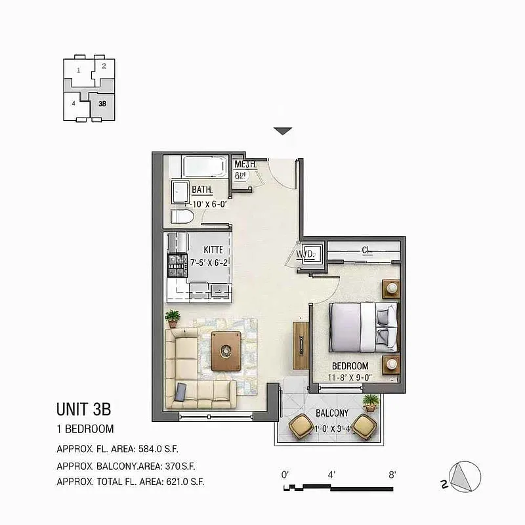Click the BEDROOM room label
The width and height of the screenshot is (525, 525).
click(350, 366)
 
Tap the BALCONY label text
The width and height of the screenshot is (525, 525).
click(331, 413)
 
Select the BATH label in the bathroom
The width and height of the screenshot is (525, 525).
click(202, 190)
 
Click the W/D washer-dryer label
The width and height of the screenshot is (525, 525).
click(304, 253)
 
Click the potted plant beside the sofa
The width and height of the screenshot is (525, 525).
click(173, 319)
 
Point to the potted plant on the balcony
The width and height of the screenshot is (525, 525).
click(371, 402)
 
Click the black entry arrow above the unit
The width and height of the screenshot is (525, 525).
click(282, 131)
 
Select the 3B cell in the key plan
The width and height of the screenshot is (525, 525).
click(102, 104)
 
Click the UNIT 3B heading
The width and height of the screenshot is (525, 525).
click(83, 409)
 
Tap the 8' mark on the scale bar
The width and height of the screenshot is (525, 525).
click(392, 474)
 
